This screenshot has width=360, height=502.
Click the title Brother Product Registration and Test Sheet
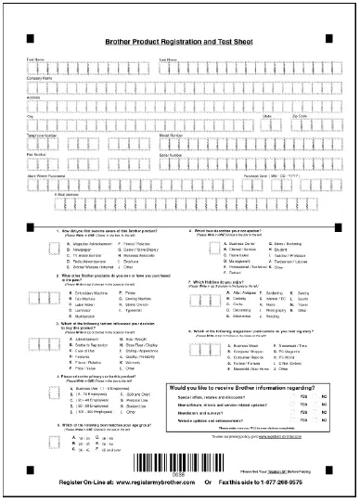click(179, 44)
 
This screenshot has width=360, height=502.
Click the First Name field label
click(36, 59)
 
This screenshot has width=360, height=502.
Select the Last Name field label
click(169, 59)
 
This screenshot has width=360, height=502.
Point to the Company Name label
click(41, 78)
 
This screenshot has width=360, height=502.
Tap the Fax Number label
click(37, 155)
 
